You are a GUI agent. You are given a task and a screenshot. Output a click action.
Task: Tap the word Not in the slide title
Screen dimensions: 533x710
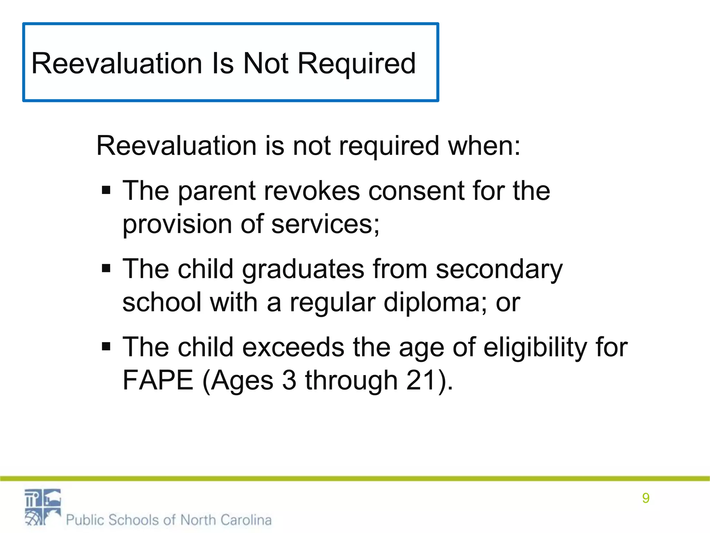pos(266,64)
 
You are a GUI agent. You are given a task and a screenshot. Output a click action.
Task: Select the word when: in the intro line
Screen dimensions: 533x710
pos(484,146)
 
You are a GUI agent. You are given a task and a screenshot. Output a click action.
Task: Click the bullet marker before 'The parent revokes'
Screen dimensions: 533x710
pos(106,190)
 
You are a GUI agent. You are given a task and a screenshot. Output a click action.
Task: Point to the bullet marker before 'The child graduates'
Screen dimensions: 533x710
pos(106,268)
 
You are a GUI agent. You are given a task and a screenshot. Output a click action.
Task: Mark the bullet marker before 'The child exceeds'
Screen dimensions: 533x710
pos(106,346)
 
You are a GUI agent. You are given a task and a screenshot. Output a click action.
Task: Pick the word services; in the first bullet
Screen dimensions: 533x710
pos(326,225)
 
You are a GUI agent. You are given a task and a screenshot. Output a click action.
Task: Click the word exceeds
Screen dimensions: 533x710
pos(293,347)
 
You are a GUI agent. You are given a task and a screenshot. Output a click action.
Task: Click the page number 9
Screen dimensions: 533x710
pos(646,498)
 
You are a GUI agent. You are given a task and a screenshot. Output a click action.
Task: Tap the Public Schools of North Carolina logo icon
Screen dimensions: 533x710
pos(43,507)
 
